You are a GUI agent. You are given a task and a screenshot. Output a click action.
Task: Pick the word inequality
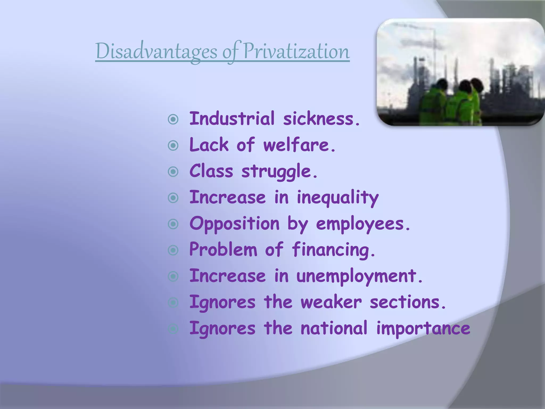(x=337, y=198)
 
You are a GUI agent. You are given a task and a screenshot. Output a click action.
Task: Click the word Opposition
(x=234, y=224)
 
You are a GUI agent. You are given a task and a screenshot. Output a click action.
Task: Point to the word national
(x=334, y=328)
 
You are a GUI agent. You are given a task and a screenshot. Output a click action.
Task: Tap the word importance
(x=423, y=328)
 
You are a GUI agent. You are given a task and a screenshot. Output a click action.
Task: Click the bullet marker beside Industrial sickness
(x=173, y=120)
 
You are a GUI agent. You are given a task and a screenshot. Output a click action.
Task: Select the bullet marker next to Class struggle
(x=173, y=172)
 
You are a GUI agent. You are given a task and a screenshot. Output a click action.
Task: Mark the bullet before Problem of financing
(x=173, y=250)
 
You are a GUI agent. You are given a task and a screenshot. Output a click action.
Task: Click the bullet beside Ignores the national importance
(x=173, y=329)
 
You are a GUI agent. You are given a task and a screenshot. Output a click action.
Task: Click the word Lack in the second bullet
(x=209, y=145)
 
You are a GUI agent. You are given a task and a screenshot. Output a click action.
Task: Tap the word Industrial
(x=232, y=119)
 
